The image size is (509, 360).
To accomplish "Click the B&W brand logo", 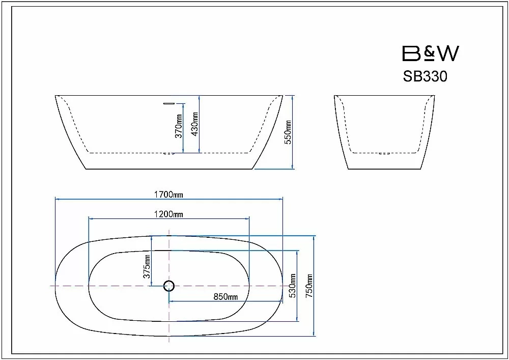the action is point(431,53).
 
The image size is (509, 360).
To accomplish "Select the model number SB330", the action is point(425,76).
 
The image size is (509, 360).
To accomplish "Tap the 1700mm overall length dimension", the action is point(168,195).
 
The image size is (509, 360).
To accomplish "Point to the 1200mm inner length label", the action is point(168,214).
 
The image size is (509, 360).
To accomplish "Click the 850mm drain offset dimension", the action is point(225,297).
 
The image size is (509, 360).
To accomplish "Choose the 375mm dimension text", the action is point(147,266).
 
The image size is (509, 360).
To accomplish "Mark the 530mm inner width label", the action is point(293,286).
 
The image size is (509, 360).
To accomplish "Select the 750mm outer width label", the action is point(309,286).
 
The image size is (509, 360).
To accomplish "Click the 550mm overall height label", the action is point(288,132).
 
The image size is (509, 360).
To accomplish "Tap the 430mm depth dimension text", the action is point(195,124).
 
